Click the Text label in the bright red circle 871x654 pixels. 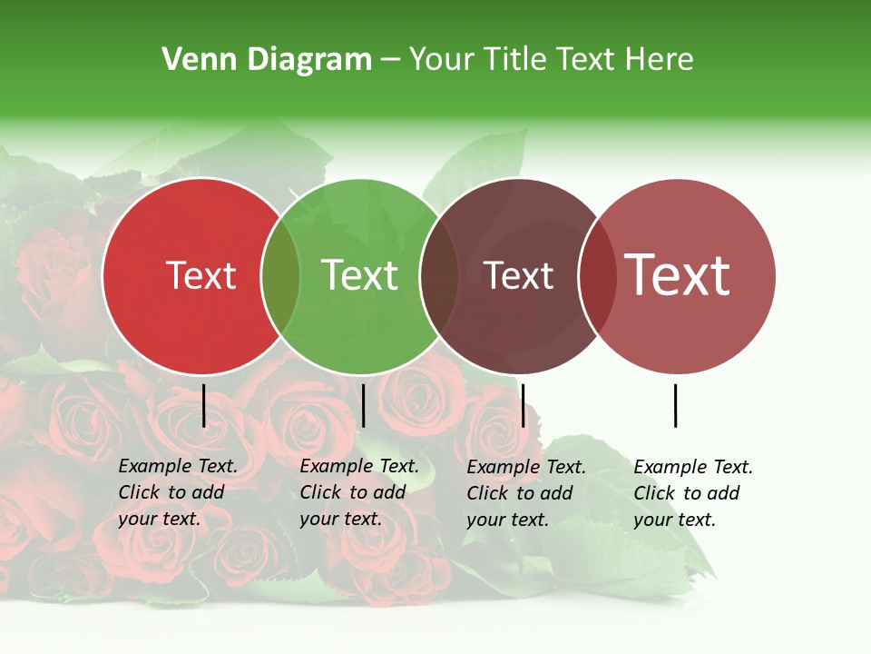[x=201, y=275]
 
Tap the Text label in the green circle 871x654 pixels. [x=360, y=275]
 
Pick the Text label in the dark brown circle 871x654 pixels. [x=518, y=275]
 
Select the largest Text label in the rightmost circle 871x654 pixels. [x=678, y=275]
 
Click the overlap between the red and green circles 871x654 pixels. [x=280, y=276]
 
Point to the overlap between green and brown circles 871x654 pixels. [x=439, y=276]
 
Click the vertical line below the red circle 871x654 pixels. [x=204, y=405]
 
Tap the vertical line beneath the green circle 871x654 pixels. [x=363, y=405]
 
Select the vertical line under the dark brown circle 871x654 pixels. [x=523, y=405]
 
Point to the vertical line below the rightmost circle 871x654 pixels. [x=676, y=405]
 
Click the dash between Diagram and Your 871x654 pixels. [x=390, y=61]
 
